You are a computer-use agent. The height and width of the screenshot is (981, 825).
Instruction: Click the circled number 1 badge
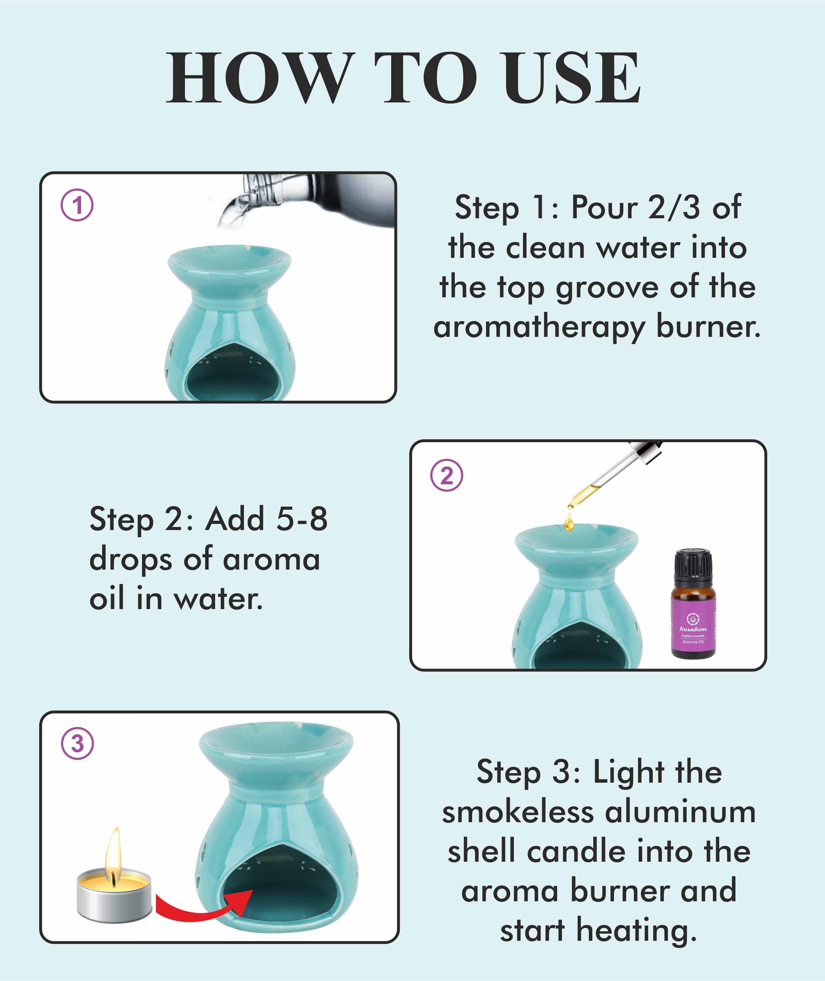click(x=77, y=205)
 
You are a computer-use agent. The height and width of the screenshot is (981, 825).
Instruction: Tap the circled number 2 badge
click(x=447, y=475)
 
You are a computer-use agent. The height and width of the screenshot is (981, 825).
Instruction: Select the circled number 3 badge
click(x=78, y=743)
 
